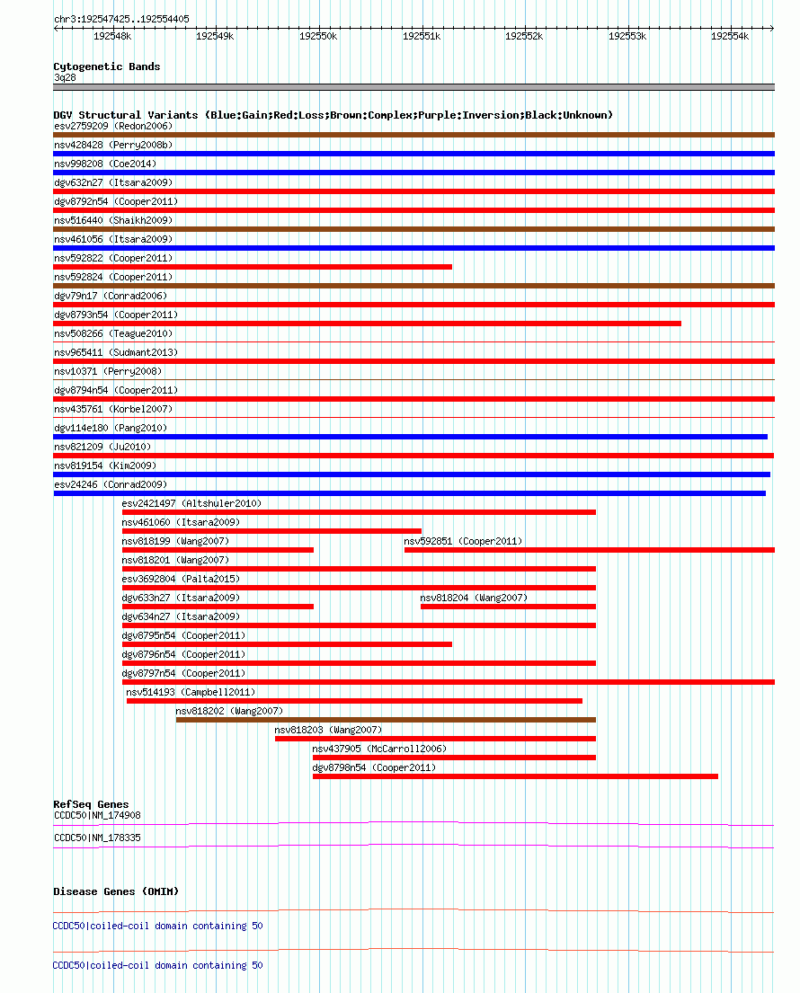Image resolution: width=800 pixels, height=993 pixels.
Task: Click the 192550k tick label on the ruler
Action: [317, 36]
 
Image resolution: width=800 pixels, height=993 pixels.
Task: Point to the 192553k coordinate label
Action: [627, 36]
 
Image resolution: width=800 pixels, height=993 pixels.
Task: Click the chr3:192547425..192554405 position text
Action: [121, 18]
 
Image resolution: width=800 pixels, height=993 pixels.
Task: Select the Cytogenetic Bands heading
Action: [107, 66]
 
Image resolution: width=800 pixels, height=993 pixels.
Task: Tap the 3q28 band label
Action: [66, 77]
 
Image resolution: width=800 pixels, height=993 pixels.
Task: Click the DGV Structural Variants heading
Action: [333, 115]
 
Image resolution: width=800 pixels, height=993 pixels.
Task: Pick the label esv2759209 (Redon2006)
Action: [113, 126]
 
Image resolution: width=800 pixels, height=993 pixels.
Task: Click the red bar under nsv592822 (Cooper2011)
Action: [253, 267]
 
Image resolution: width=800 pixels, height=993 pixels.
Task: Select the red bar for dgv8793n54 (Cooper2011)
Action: [367, 324]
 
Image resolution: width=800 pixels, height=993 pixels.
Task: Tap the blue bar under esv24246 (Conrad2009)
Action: [409, 493]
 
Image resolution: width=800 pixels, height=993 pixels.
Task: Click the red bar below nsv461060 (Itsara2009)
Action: [271, 531]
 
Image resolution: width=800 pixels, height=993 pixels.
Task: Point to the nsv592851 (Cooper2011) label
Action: [463, 541]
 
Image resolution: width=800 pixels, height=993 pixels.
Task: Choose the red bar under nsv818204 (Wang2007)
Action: [508, 607]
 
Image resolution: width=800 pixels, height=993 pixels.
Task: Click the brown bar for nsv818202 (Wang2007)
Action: [386, 720]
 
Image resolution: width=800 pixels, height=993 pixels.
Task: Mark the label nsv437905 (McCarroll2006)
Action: [379, 749]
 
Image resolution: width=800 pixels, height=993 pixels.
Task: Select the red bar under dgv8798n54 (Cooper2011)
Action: [515, 776]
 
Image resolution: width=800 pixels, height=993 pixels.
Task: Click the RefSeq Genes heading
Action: [91, 804]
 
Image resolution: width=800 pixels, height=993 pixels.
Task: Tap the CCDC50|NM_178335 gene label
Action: [98, 838]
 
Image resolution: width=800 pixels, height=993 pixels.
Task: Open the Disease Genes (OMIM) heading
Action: [116, 891]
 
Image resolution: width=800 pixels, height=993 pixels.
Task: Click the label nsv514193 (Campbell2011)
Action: [191, 692]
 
